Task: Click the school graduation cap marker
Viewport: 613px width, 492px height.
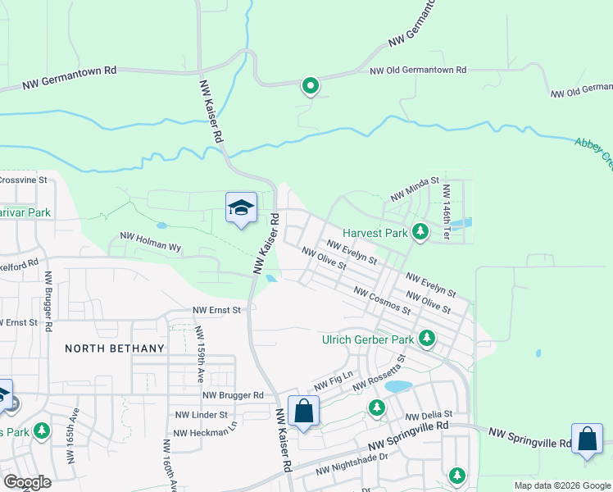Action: point(241,208)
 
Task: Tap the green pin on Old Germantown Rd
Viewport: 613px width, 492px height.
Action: point(311,85)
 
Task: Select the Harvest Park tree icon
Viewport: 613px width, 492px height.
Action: point(420,233)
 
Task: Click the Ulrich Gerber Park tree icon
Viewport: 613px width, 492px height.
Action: point(426,338)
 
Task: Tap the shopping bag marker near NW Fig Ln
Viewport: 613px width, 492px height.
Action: point(304,412)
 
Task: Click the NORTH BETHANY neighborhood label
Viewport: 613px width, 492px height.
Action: point(115,348)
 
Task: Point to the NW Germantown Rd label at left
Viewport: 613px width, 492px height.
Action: point(70,76)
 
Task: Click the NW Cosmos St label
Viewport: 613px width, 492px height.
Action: point(382,301)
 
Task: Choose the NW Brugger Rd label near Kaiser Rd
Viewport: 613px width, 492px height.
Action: point(234,394)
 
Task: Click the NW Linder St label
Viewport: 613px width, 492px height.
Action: point(200,415)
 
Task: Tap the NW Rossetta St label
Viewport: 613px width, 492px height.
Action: point(379,374)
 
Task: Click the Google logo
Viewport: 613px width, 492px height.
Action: point(27,482)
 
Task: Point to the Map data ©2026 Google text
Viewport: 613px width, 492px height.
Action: point(562,485)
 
